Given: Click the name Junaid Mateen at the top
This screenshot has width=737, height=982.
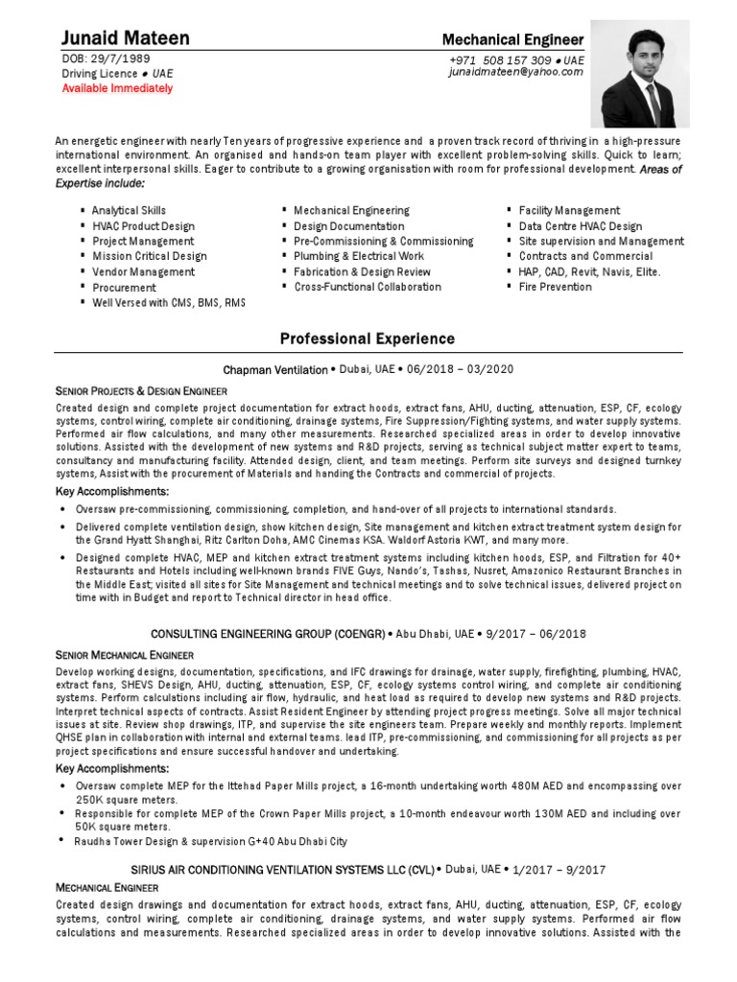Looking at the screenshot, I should click(125, 38).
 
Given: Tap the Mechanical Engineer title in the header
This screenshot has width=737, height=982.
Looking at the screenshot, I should click(511, 39).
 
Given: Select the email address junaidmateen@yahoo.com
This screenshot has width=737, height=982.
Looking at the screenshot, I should click(516, 72).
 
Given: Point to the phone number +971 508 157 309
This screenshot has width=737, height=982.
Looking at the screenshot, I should click(503, 59).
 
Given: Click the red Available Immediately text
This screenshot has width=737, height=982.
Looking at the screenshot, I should click(117, 88).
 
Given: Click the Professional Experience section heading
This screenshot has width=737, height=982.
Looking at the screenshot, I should click(368, 339).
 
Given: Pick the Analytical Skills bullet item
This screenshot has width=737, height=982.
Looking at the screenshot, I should click(129, 210).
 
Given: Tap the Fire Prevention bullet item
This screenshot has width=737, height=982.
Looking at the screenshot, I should click(555, 287).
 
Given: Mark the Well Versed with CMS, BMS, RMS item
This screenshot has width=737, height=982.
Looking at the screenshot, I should click(169, 302).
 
